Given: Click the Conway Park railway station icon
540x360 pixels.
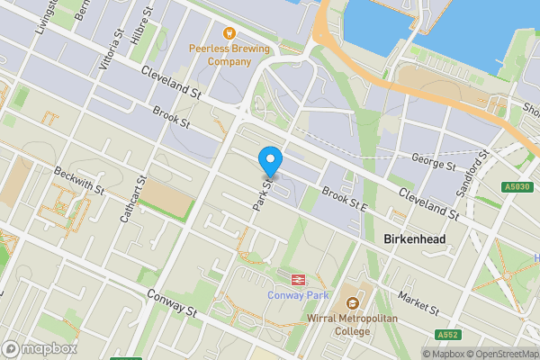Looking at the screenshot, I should (297, 278).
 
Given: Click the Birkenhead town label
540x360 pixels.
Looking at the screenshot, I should (415, 240).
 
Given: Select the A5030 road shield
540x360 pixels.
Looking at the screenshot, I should (516, 186).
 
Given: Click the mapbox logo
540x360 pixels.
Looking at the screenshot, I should (40, 348).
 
